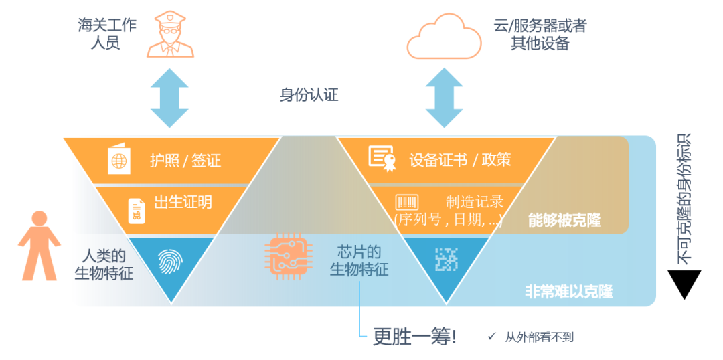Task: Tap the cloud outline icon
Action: [x=444, y=36]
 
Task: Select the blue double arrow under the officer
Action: [x=169, y=98]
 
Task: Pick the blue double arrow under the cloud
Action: [x=444, y=98]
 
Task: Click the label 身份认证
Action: [x=309, y=95]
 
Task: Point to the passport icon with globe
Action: [x=119, y=161]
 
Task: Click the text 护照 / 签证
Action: [x=185, y=161]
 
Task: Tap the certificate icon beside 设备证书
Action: [x=382, y=158]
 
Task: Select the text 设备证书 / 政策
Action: [x=461, y=159]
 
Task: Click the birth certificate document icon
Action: [x=136, y=211]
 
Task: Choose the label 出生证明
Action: [x=183, y=202]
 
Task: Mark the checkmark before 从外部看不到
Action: [x=491, y=337]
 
